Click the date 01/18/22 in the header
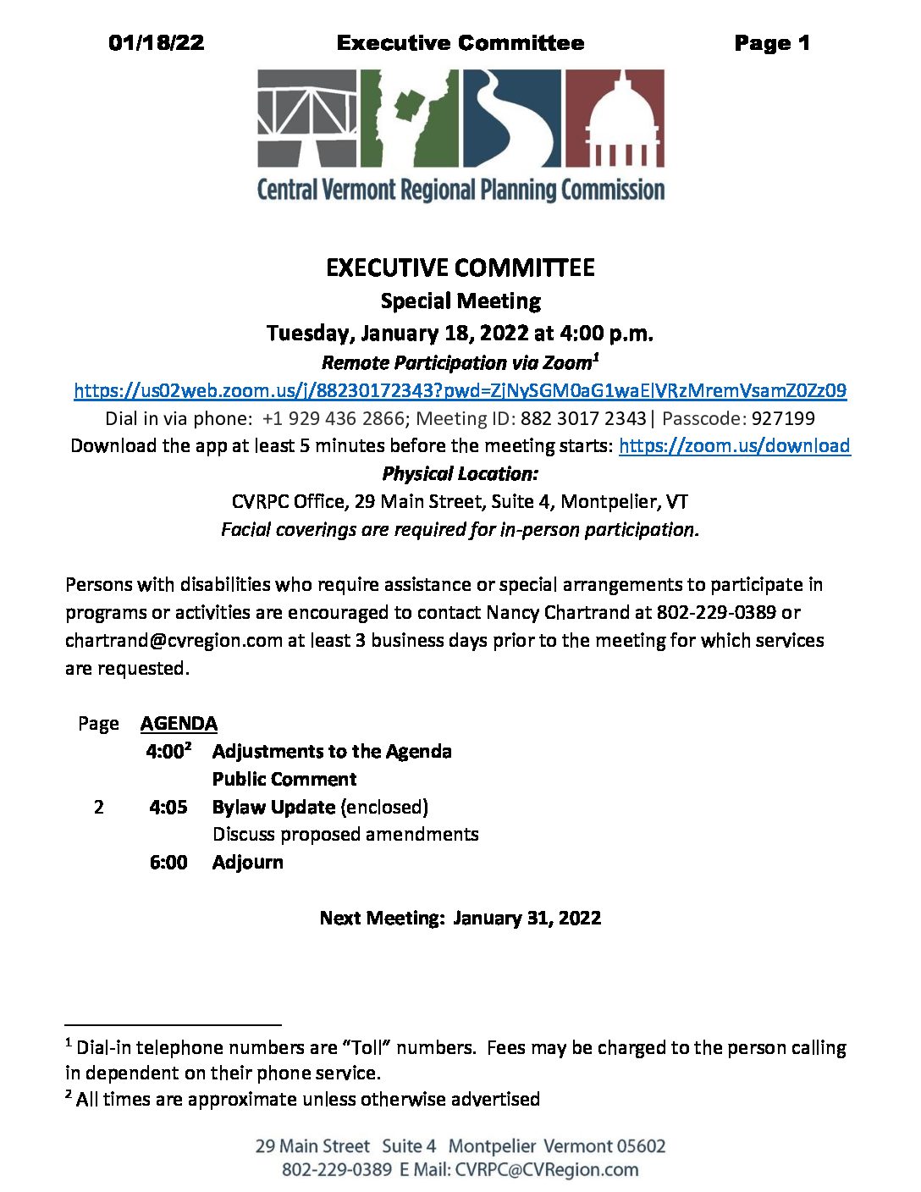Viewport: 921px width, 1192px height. click(157, 43)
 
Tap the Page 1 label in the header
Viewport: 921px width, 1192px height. click(771, 43)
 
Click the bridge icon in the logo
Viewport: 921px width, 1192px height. click(307, 118)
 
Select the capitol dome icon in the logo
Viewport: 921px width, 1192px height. click(615, 118)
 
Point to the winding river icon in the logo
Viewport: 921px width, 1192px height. click(511, 118)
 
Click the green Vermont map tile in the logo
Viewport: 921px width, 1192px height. click(410, 118)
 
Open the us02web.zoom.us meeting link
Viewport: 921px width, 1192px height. click(460, 390)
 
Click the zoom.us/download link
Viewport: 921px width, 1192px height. click(734, 446)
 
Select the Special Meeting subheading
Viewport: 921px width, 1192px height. click(460, 301)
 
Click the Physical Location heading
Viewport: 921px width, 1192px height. click(460, 474)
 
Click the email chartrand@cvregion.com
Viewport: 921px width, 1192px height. click(174, 640)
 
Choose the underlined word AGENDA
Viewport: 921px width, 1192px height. click(179, 724)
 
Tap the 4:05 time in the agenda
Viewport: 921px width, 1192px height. click(168, 808)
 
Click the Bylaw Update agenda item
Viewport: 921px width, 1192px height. click(273, 808)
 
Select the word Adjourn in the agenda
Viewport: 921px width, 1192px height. click(248, 863)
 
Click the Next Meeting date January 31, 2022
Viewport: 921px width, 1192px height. click(527, 919)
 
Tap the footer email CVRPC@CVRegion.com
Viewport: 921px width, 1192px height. click(547, 1170)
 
